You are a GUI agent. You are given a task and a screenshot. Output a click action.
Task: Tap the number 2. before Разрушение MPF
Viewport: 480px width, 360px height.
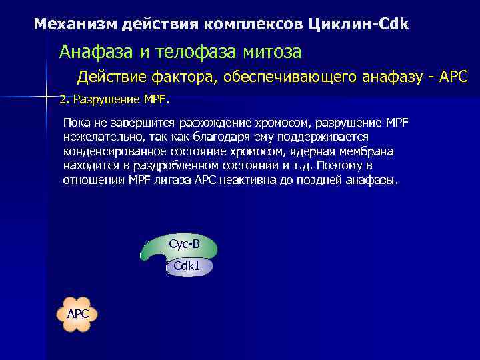click(x=64, y=100)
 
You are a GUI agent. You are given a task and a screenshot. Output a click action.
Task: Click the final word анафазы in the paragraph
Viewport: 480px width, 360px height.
click(x=373, y=181)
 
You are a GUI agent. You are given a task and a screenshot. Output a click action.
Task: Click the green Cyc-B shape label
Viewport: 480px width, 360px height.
click(x=183, y=245)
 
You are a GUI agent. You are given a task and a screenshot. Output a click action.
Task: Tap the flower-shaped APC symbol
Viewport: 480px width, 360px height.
click(x=77, y=314)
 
